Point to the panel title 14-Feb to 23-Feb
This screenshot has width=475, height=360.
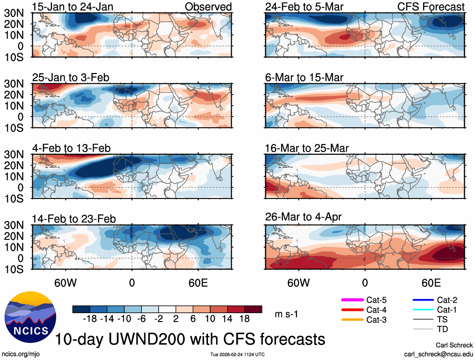click(74, 219)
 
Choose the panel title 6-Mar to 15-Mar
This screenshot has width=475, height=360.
click(304, 77)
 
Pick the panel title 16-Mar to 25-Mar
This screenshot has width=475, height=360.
click(307, 148)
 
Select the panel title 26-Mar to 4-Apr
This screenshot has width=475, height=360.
click(303, 217)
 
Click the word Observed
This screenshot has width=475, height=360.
click(208, 7)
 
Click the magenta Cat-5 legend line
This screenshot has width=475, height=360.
click(352, 300)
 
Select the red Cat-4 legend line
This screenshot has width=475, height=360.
click(352, 310)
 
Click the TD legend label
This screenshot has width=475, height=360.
click(442, 329)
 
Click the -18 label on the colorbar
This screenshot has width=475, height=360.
click(90, 319)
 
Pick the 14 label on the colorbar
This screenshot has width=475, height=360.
click(228, 319)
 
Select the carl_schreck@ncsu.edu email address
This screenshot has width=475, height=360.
click(438, 354)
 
